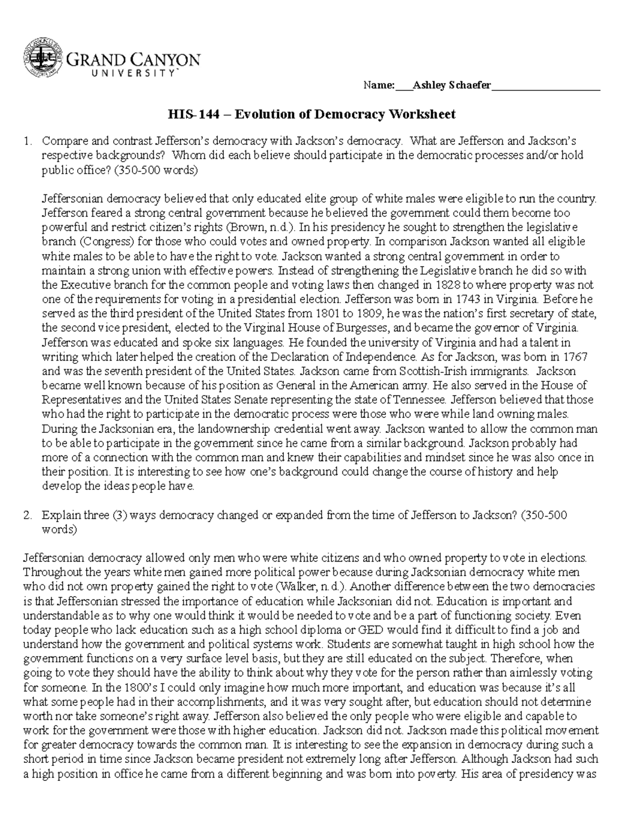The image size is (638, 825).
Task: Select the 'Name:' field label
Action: [379, 86]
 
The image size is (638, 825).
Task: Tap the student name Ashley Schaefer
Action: [452, 86]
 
